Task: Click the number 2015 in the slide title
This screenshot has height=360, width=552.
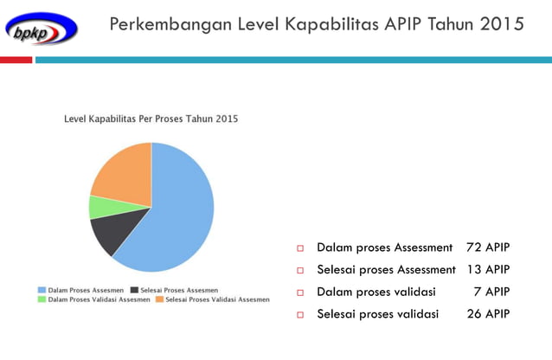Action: [x=503, y=24]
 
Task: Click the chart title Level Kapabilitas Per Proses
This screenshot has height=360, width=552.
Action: [x=151, y=119]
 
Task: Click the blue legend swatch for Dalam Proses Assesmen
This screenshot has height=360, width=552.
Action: [x=42, y=290]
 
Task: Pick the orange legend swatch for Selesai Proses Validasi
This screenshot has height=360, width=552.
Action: [x=159, y=299]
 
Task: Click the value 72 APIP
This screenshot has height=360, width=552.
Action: [x=488, y=247]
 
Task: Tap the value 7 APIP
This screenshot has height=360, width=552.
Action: [x=491, y=292]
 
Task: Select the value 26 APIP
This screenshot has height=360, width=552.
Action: [x=488, y=313]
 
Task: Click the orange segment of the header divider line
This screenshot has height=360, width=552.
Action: [x=16, y=60]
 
